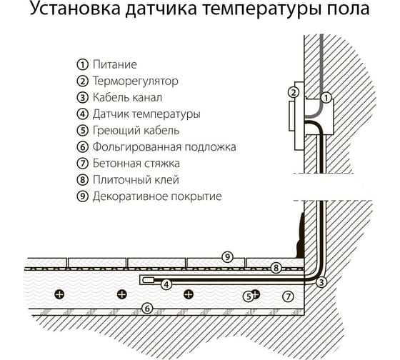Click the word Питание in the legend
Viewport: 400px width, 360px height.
click(115, 64)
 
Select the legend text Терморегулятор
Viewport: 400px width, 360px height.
click(135, 81)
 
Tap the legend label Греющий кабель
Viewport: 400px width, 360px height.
click(136, 131)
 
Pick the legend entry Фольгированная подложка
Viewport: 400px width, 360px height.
click(164, 147)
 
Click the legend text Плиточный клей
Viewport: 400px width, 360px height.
click(136, 179)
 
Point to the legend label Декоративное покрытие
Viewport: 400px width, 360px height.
click(157, 196)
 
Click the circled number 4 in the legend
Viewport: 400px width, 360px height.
click(82, 114)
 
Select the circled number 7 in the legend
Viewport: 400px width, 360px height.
click(82, 164)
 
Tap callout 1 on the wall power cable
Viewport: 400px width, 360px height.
click(326, 98)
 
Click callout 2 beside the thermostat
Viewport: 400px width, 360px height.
click(294, 92)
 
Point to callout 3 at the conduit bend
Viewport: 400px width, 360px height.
click(321, 282)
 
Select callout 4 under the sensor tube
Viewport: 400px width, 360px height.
click(166, 284)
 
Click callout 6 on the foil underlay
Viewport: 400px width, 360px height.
click(147, 309)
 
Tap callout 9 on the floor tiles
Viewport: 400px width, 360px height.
click(227, 256)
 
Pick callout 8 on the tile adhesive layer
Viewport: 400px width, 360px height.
click(276, 268)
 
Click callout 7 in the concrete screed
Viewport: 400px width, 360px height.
click(289, 296)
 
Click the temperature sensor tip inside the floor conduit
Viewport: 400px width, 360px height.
click(149, 280)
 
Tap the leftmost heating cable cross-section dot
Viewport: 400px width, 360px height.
click(59, 294)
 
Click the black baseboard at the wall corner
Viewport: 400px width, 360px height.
click(301, 235)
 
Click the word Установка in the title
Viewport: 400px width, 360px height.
click(75, 8)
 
